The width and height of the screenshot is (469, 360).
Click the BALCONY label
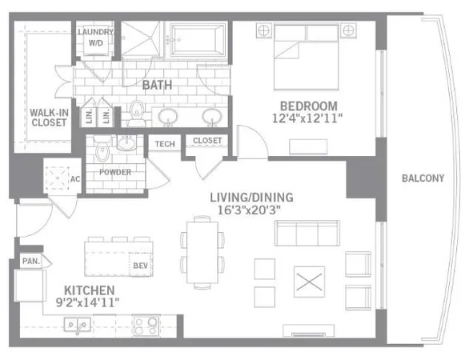[422, 178]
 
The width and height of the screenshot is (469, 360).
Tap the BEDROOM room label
[309, 106]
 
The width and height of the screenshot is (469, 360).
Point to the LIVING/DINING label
[251, 197]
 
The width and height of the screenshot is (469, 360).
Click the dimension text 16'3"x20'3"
[251, 210]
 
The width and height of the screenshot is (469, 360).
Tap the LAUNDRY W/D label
[96, 38]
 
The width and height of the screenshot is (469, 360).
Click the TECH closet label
[165, 143]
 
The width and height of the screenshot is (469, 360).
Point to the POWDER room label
[115, 172]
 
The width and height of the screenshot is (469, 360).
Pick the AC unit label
[74, 178]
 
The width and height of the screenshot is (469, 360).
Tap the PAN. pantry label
[31, 260]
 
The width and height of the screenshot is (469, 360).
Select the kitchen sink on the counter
[78, 326]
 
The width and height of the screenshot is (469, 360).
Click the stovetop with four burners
[146, 326]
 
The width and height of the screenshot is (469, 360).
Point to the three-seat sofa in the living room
[307, 233]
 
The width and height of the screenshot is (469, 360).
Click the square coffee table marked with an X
[307, 282]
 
